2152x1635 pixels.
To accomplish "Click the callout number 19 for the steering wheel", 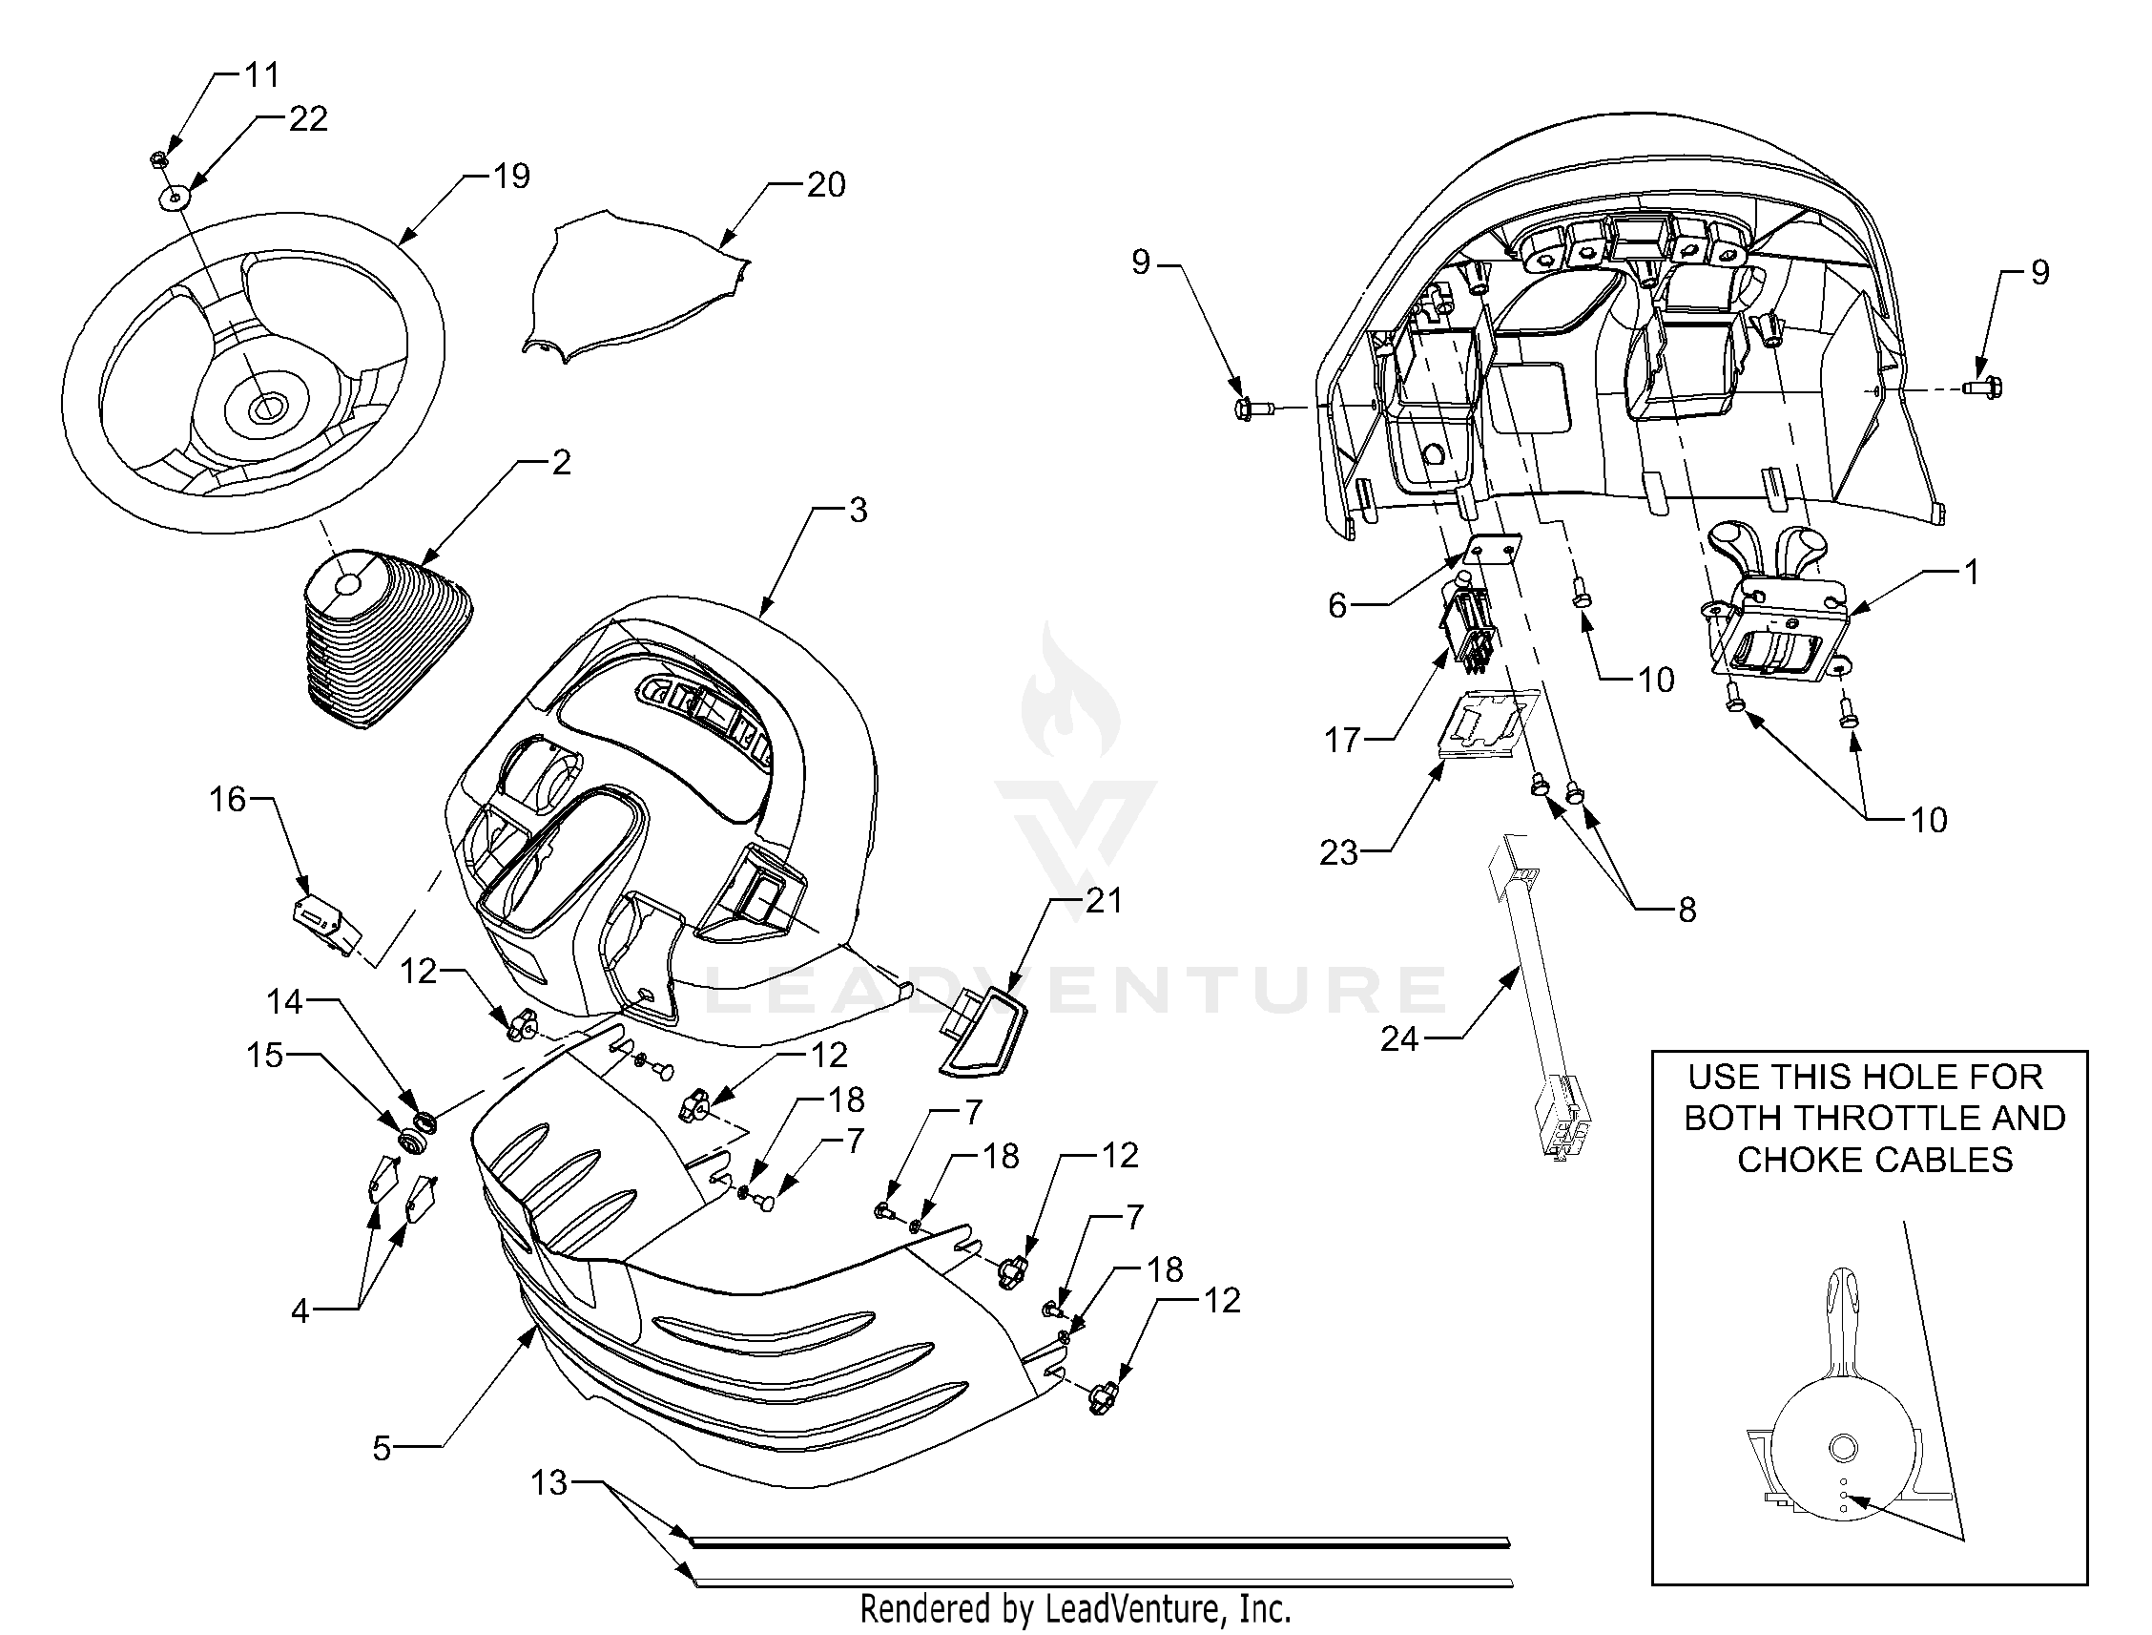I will pyautogui.click(x=510, y=177).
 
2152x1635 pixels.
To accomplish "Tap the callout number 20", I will pyautogui.click(x=826, y=185).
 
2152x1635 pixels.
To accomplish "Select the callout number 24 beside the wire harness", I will pyautogui.click(x=1399, y=1039).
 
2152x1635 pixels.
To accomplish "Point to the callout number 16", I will pyautogui.click(x=228, y=800).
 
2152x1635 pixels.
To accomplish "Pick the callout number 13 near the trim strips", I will pyautogui.click(x=549, y=1483).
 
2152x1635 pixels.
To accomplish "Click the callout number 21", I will pyautogui.click(x=1105, y=901).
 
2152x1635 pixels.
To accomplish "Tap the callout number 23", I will pyautogui.click(x=1338, y=852).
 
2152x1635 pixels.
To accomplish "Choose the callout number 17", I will pyautogui.click(x=1342, y=741).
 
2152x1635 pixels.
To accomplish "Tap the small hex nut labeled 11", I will pyautogui.click(x=160, y=157).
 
